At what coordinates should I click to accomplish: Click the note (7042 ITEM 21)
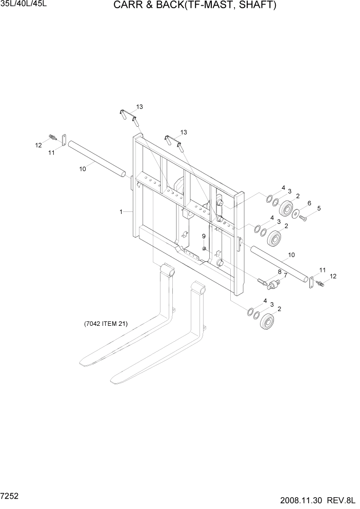click(x=106, y=324)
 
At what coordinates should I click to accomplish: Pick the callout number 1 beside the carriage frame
click(x=121, y=211)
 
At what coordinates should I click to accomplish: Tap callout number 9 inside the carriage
click(x=204, y=236)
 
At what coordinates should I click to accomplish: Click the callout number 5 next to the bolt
click(x=318, y=208)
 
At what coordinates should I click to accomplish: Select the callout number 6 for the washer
click(x=309, y=204)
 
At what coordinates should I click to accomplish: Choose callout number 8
click(x=279, y=271)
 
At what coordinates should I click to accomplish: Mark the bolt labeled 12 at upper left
click(x=52, y=136)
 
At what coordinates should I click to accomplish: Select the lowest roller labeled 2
click(x=267, y=322)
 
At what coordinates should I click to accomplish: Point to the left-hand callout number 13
click(x=139, y=107)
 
